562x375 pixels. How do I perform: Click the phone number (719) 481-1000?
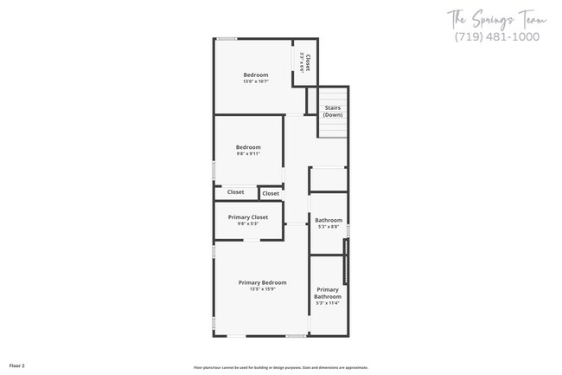[x=496, y=37]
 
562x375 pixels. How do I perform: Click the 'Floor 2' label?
[x=17, y=366]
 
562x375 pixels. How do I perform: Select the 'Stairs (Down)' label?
[x=333, y=112]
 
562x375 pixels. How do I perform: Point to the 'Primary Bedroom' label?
[x=262, y=282]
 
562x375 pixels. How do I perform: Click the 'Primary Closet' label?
[x=248, y=217]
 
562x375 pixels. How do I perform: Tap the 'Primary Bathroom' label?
[x=328, y=293]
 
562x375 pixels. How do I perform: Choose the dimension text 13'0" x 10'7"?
[x=256, y=81]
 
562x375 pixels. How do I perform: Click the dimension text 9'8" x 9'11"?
[x=248, y=154]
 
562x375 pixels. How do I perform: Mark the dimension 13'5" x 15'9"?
[x=262, y=289]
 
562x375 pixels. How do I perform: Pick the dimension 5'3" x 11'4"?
[x=328, y=303]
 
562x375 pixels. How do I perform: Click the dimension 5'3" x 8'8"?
[x=329, y=227]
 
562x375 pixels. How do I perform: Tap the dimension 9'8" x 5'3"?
[x=248, y=223]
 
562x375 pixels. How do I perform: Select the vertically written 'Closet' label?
[x=308, y=62]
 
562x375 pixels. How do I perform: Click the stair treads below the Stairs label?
[x=333, y=128]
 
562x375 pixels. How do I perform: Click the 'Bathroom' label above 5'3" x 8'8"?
[x=329, y=220]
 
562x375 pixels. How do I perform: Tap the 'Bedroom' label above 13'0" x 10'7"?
[x=256, y=74]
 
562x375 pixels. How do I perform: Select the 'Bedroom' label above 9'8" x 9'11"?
[x=248, y=147]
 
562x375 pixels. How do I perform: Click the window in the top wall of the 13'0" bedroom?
[x=227, y=38]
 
